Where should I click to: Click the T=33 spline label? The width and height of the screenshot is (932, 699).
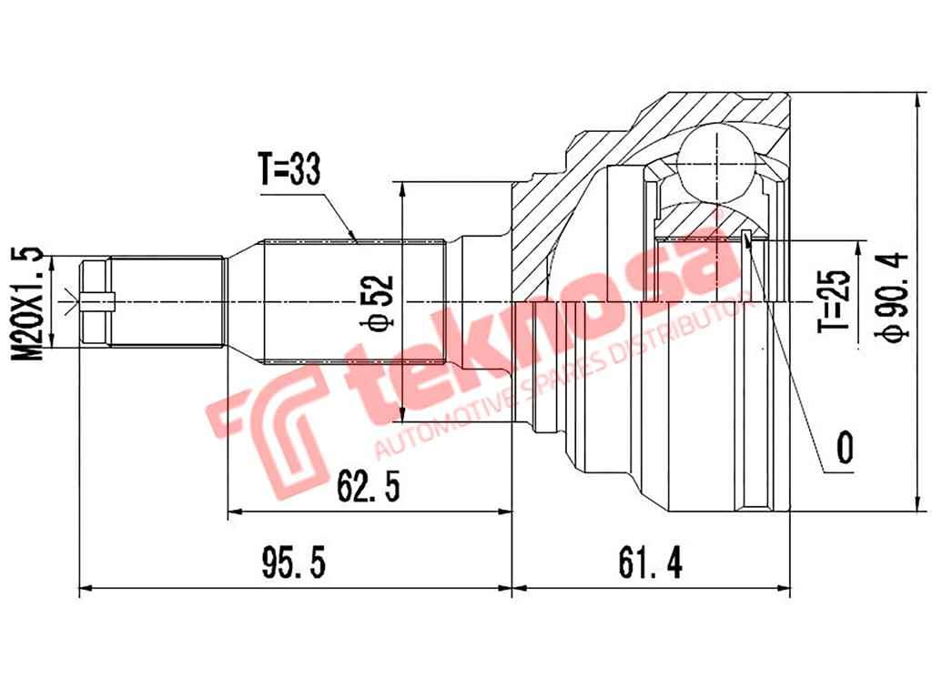coord(290,168)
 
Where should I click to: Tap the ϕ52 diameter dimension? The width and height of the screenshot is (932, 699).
coord(381,301)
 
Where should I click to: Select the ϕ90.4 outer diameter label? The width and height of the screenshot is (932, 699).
coord(893,297)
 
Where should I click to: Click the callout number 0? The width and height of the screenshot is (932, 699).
coord(845,448)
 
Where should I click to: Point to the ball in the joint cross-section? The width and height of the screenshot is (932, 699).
coord(718,162)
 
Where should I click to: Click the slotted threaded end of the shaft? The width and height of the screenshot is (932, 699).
coord(96,302)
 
